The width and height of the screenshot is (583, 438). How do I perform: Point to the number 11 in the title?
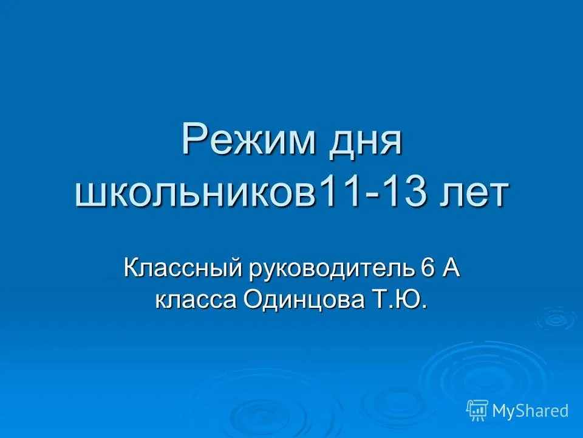(340, 192)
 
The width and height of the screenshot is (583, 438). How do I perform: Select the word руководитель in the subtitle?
(329, 269)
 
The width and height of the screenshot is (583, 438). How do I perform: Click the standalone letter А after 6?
(451, 268)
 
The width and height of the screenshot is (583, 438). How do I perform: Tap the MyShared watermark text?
(530, 411)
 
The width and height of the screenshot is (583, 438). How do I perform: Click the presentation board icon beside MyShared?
(477, 410)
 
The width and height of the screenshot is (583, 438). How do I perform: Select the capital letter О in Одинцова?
(251, 299)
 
